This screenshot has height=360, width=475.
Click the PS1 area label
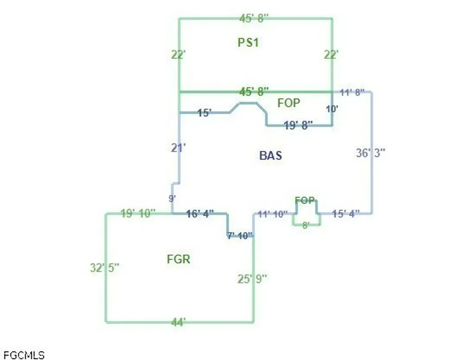(x=248, y=42)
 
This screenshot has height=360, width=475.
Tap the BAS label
(x=270, y=155)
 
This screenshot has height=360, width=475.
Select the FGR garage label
(x=179, y=259)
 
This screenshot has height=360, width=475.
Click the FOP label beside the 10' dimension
(x=289, y=103)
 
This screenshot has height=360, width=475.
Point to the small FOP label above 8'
(x=305, y=200)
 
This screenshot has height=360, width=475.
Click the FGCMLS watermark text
(x=24, y=355)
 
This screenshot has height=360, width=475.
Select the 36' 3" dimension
(x=371, y=153)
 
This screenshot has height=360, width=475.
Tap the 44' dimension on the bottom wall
(x=179, y=322)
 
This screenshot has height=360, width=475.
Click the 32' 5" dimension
(x=104, y=268)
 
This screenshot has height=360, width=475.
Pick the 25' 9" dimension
(x=252, y=279)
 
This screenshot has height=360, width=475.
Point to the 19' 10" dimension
(x=138, y=213)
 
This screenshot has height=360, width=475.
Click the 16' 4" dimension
(x=199, y=214)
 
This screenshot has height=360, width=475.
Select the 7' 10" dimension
(x=240, y=236)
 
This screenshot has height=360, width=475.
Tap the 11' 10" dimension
(x=272, y=214)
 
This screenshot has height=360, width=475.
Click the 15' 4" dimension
(x=346, y=214)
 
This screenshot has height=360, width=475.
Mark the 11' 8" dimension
(x=352, y=92)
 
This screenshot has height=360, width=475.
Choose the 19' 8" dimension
(x=298, y=125)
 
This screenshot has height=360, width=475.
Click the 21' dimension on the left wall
(x=179, y=148)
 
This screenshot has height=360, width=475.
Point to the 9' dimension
(x=172, y=199)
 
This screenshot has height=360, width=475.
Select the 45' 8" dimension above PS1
(x=254, y=18)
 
